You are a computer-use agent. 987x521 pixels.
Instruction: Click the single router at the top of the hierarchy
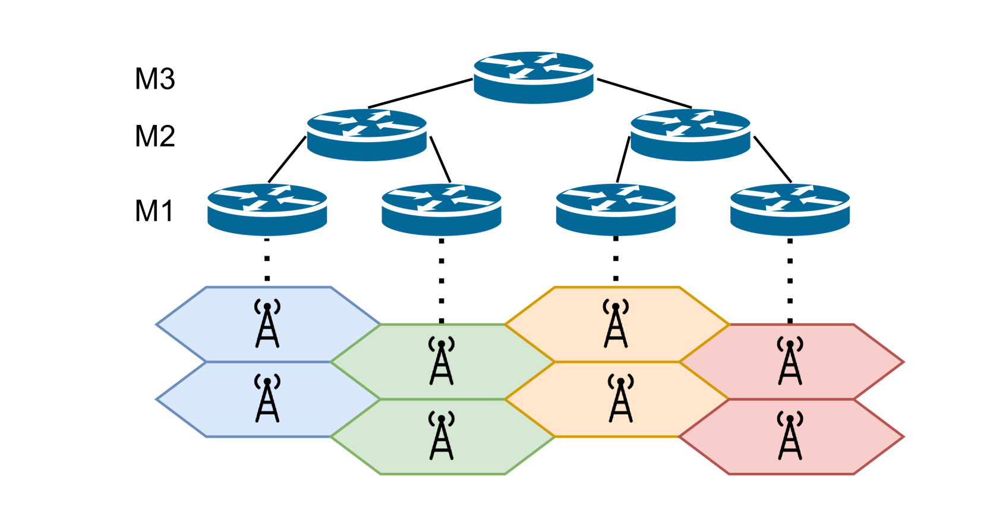tap(533, 77)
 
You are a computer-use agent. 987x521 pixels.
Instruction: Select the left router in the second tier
tap(367, 134)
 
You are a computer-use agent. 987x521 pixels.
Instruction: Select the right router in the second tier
tap(690, 134)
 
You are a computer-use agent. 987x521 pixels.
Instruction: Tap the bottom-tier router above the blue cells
tap(267, 209)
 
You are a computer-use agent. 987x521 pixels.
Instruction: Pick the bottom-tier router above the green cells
tap(441, 209)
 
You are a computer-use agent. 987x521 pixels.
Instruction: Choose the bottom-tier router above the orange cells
tap(616, 209)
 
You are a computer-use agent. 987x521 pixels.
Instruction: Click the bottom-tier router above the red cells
tap(790, 209)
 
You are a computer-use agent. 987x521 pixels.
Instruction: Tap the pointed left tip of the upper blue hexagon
tap(157, 325)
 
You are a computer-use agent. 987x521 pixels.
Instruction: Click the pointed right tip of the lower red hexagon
tap(903, 437)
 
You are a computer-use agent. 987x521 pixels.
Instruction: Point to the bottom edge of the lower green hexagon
tap(443, 474)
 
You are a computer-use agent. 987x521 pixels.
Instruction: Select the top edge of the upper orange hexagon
tap(617, 287)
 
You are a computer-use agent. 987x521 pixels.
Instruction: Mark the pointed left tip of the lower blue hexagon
tap(157, 400)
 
